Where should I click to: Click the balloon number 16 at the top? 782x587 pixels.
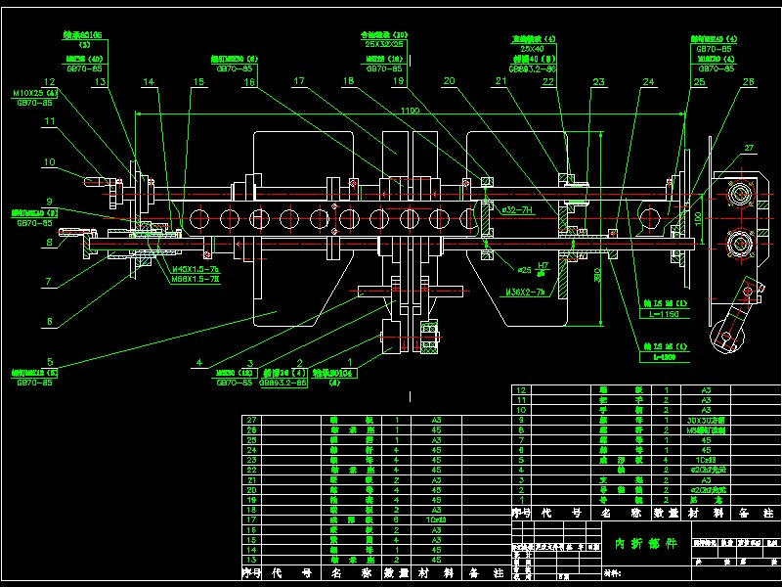[x=250, y=83]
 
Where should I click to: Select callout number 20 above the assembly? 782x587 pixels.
[x=450, y=82]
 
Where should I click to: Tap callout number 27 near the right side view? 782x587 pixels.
[x=751, y=148]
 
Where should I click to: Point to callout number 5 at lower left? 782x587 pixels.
[x=50, y=361]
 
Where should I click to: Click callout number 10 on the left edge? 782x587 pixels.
[x=48, y=161]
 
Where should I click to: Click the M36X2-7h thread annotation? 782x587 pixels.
[x=525, y=292]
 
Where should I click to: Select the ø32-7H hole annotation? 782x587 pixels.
[x=516, y=209]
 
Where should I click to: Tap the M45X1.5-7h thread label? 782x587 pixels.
[x=196, y=268]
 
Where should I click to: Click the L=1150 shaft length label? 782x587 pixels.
[x=663, y=315]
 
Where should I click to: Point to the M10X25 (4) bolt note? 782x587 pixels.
[x=35, y=94]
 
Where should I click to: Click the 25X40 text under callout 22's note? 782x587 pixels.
[x=532, y=48]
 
